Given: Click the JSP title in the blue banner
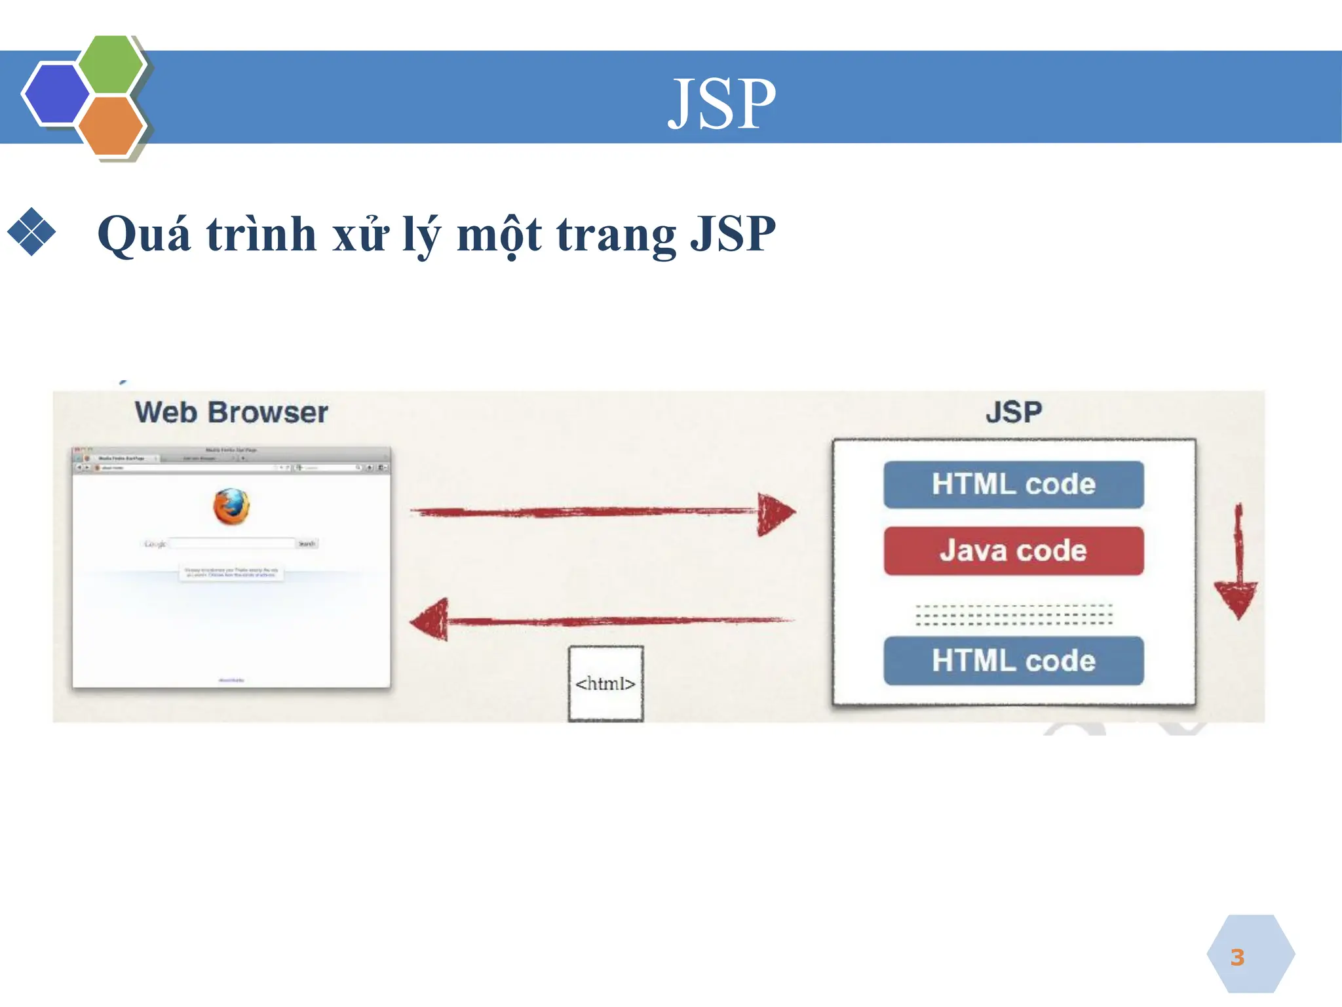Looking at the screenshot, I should coord(721,103).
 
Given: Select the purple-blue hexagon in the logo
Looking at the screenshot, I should coord(56,94).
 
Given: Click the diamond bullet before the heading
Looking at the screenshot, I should coord(31,231).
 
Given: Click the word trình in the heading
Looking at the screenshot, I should coord(261,234).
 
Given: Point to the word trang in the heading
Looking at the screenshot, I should coord(616,234).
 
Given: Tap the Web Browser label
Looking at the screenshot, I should coord(231,412).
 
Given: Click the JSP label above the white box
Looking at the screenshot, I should coord(1013,412).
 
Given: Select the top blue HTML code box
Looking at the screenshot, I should coord(1013,484).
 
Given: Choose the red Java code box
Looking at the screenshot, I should coord(1013,551).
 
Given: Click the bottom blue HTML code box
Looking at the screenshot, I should coord(1013,661).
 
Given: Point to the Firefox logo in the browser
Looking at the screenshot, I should coord(231,507).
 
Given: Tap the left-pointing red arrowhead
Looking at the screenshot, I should coord(431,620).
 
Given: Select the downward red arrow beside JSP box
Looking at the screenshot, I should coord(1237,570).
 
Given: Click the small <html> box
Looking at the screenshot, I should coord(605,684).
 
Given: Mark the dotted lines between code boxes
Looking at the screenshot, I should coord(1013,614).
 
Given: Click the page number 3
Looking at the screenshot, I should coord(1237,957).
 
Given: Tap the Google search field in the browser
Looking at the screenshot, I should coord(232,543).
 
